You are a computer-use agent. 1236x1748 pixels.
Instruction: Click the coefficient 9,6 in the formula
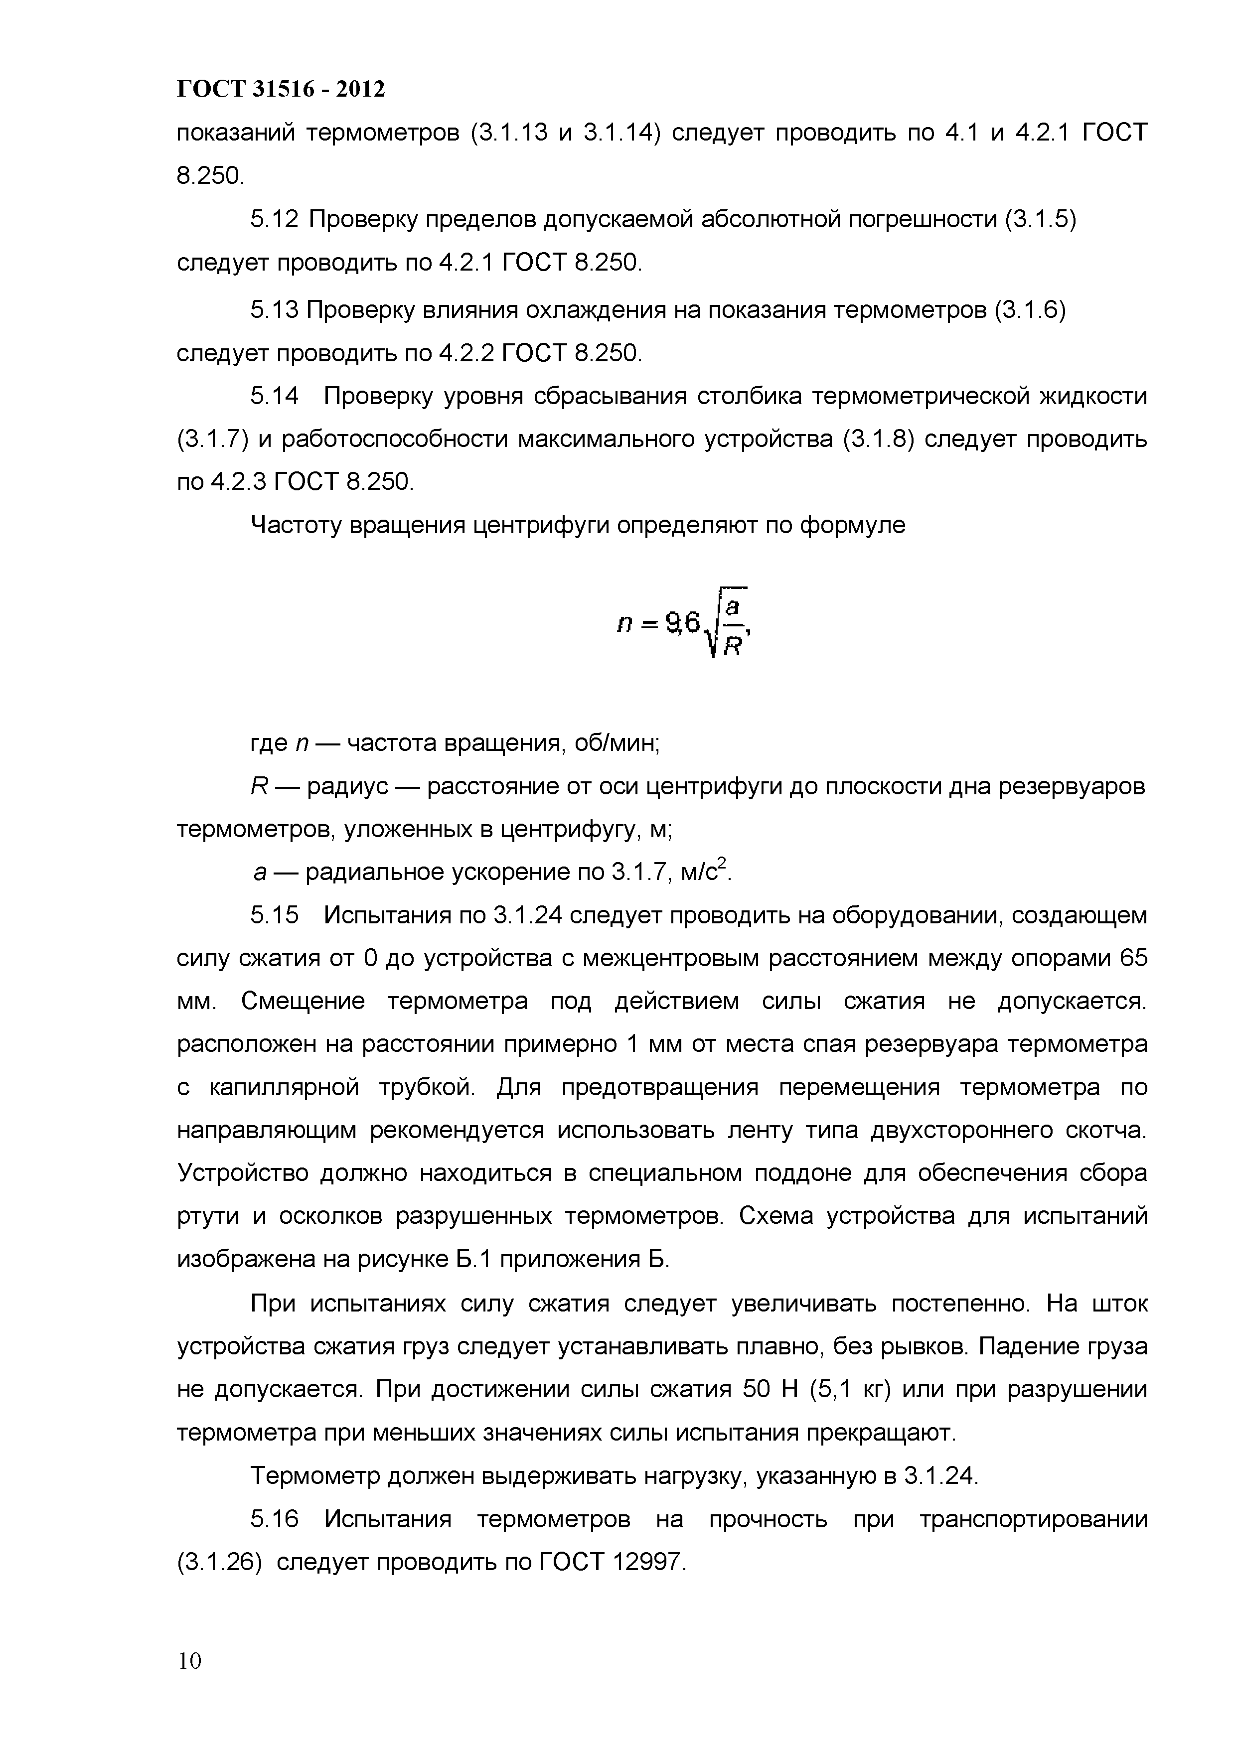coord(682,623)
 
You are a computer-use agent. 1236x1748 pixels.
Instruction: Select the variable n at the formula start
coord(624,625)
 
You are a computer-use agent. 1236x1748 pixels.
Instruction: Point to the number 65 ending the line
coord(1132,958)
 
